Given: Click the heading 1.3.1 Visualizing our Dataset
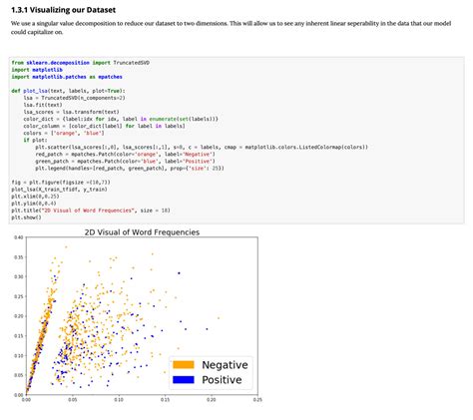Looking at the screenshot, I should pyautogui.click(x=62, y=9).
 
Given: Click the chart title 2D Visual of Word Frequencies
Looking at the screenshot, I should pyautogui.click(x=142, y=231).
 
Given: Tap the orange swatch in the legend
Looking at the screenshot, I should pyautogui.click(x=184, y=365).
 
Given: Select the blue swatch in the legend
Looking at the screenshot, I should pyautogui.click(x=184, y=380).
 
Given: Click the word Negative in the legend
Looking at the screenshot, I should pyautogui.click(x=225, y=365).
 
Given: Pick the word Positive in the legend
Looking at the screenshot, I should pyautogui.click(x=223, y=380).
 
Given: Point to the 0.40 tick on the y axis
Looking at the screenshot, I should pyautogui.click(x=18, y=237).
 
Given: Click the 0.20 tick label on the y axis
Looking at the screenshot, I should pyautogui.click(x=18, y=315).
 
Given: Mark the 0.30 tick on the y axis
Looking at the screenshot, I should pyautogui.click(x=18, y=276).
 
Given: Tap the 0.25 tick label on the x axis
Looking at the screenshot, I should pyautogui.click(x=257, y=400).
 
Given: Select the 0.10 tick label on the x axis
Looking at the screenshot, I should pyautogui.click(x=119, y=400).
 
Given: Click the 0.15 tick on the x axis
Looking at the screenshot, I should pyautogui.click(x=165, y=400).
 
